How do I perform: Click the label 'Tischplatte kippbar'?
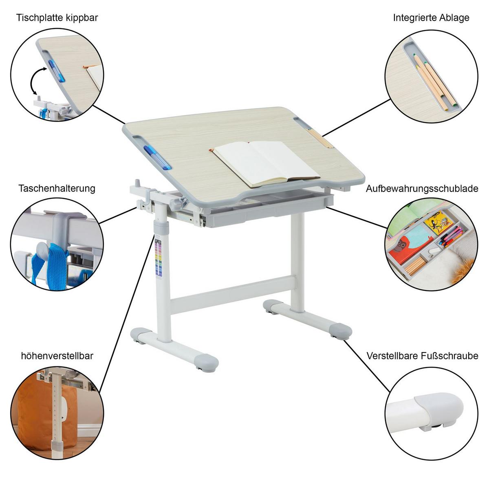pos(57,18)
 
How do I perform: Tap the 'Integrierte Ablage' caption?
pos(431,18)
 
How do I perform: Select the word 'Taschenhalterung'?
pos(57,188)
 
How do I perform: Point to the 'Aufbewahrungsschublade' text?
pos(422,189)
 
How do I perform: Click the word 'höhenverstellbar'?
pos(57,356)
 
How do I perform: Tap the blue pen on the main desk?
pos(157,157)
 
